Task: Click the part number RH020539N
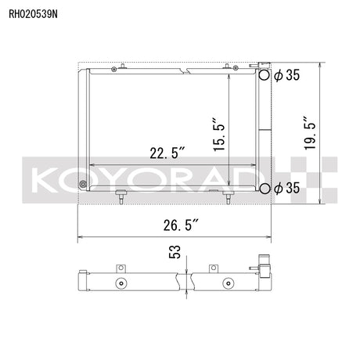click(33, 14)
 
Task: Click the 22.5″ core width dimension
click(167, 153)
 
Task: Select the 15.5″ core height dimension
click(219, 135)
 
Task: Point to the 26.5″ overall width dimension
click(182, 225)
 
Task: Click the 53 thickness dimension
click(175, 252)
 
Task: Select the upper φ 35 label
click(287, 75)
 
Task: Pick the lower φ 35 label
click(287, 188)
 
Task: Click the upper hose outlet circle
click(265, 75)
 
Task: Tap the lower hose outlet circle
click(265, 188)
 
